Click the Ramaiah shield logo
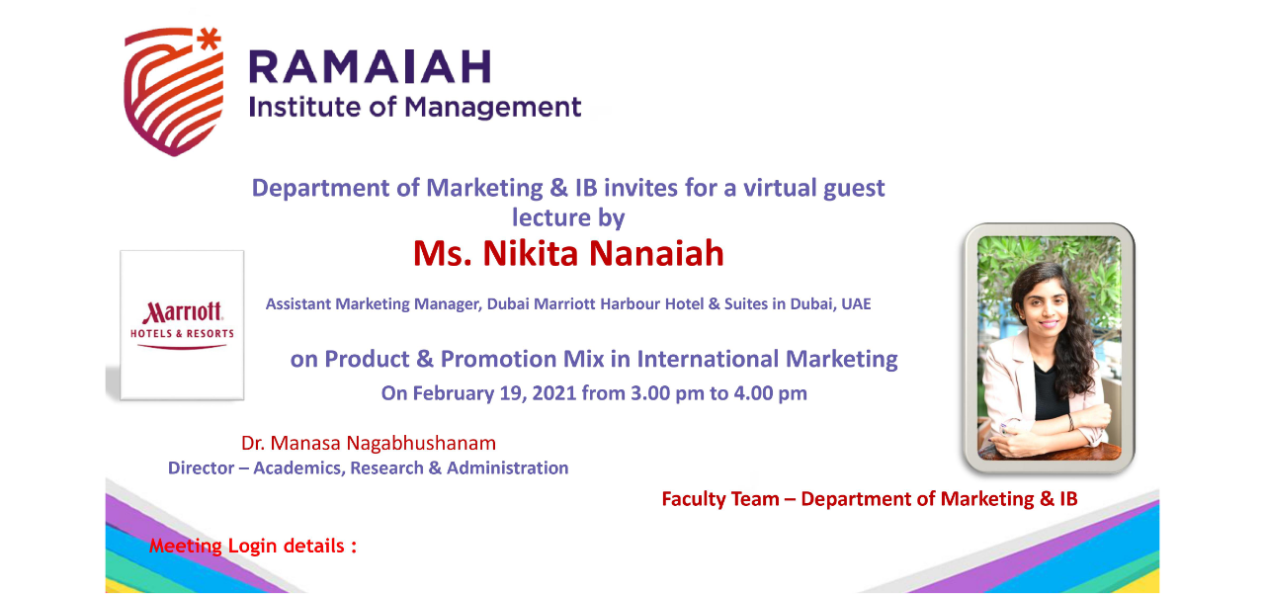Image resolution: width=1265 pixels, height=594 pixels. click(x=173, y=92)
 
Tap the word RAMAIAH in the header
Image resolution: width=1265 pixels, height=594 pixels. click(x=371, y=67)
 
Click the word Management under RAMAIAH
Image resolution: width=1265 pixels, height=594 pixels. click(x=493, y=108)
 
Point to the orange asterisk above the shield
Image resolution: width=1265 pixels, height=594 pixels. click(x=209, y=39)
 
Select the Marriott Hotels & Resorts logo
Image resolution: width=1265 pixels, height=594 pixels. click(x=182, y=324)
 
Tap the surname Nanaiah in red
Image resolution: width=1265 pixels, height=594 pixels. click(x=656, y=253)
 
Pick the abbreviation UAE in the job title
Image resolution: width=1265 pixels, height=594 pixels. click(x=856, y=304)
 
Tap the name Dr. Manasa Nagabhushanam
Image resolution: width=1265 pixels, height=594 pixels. click(x=369, y=443)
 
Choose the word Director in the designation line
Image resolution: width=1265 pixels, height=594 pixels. click(x=201, y=468)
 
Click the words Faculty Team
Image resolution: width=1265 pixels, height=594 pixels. click(x=720, y=499)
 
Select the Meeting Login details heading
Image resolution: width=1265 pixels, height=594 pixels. click(x=252, y=546)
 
